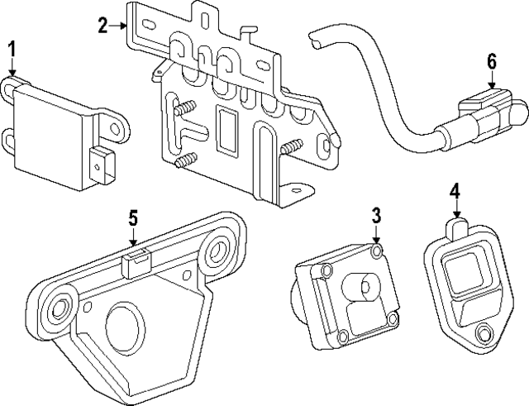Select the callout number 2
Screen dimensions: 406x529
tap(102, 26)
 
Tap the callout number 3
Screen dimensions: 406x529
tap(375, 217)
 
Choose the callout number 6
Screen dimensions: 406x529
tap(491, 60)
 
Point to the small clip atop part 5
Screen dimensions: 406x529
tap(136, 264)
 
